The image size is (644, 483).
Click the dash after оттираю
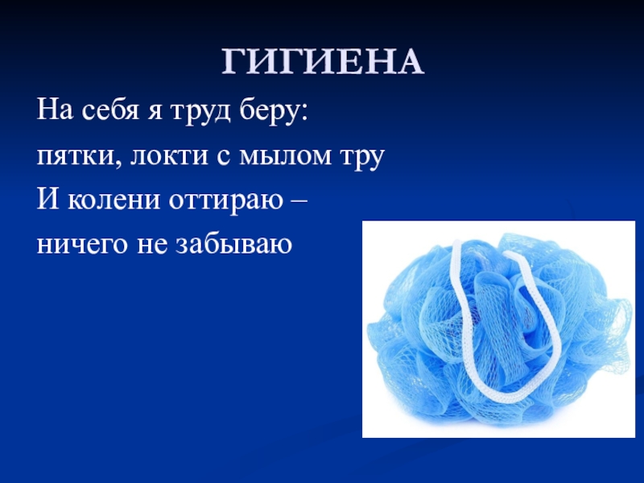[x=296, y=200]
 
